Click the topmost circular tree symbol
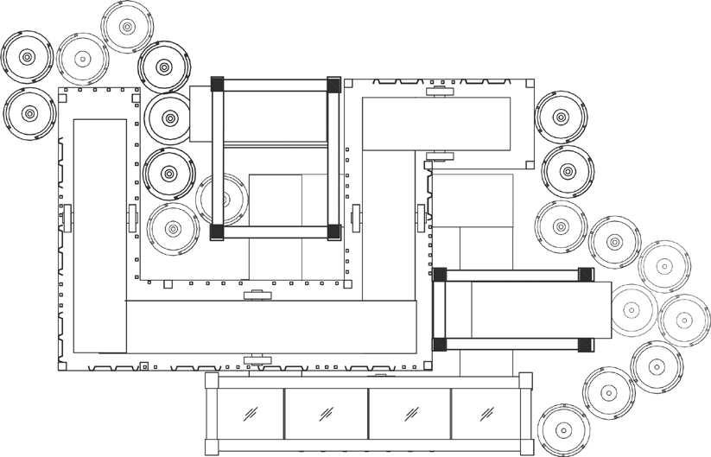point(127,28)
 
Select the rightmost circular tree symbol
point(684,320)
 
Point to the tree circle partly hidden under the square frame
point(222,200)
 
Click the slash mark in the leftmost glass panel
point(250,412)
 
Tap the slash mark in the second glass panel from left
point(327,412)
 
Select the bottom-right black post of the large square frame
point(333,232)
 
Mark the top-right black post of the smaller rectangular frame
point(585,275)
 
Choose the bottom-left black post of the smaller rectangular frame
point(440,344)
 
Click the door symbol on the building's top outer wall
point(439,89)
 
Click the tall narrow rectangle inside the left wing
point(99,235)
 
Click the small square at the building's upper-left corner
point(61,90)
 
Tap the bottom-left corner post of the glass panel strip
point(211,447)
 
